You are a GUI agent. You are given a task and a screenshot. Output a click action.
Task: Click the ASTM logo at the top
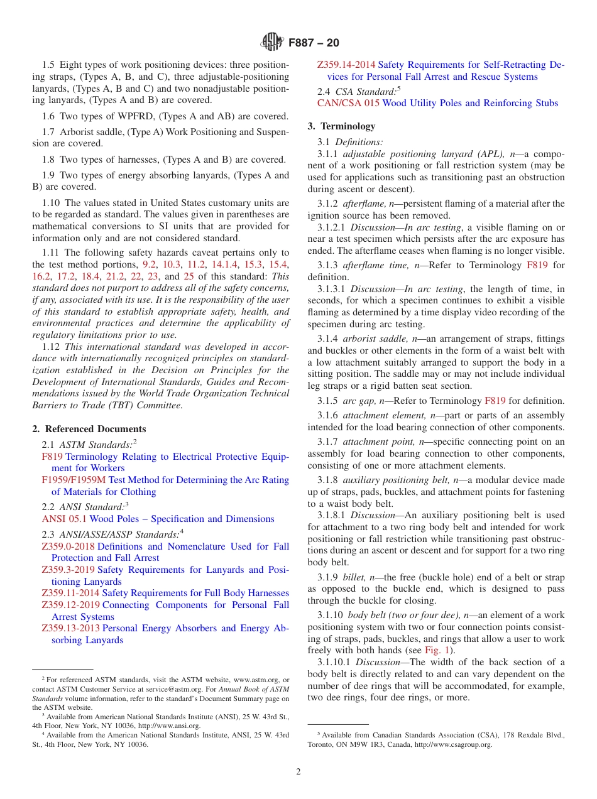272,43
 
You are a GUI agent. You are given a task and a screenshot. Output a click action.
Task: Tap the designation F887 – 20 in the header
314,43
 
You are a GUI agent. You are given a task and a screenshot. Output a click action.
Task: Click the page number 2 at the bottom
298,772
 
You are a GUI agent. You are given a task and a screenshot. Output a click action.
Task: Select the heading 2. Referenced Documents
89,429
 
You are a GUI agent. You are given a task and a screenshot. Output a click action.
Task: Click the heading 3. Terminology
341,126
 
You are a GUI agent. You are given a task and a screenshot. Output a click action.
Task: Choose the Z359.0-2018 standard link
68,546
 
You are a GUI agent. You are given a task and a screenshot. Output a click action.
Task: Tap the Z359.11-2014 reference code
70,593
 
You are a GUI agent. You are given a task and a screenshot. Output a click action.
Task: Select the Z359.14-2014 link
346,65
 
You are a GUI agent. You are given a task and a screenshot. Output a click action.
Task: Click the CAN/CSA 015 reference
348,103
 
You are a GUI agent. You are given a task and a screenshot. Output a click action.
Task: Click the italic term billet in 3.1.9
355,577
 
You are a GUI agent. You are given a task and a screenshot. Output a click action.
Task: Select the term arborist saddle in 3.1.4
376,339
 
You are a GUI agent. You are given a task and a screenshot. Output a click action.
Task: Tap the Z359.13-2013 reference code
70,628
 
